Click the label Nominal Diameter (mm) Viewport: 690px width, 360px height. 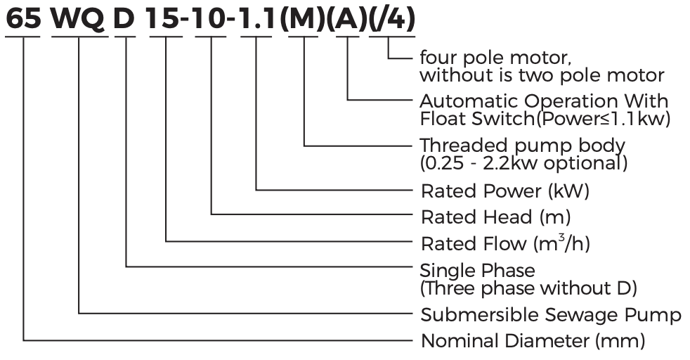[x=532, y=342]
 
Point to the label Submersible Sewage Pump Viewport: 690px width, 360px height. [x=550, y=314]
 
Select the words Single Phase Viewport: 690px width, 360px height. [x=477, y=271]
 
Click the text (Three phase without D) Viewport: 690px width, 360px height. [x=528, y=288]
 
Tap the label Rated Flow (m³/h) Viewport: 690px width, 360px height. [x=505, y=243]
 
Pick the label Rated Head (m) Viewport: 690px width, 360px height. [x=495, y=217]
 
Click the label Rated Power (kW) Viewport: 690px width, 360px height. [x=505, y=191]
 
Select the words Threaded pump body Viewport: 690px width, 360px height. [x=522, y=146]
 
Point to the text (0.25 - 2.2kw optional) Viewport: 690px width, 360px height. [x=523, y=162]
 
